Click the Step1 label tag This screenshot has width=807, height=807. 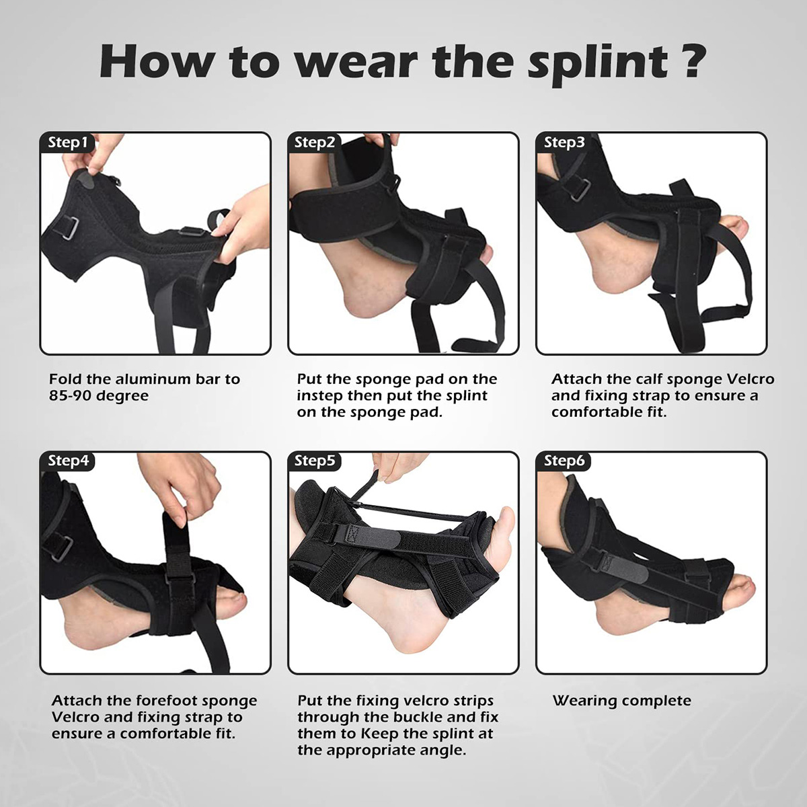67,143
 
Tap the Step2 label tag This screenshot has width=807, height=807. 314,143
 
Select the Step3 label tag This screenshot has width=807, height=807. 564,143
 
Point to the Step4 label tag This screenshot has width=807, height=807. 67,461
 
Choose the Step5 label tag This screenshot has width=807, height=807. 314,461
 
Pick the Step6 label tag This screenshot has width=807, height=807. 564,461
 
